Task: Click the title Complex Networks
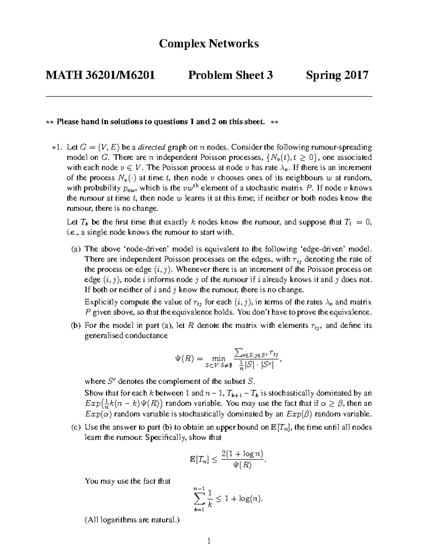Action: (209, 44)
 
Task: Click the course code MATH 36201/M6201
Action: (100, 75)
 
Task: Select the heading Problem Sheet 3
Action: (230, 75)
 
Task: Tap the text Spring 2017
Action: (337, 75)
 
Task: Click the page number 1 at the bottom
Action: (209, 541)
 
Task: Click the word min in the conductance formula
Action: (219, 358)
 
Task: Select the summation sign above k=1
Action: (199, 499)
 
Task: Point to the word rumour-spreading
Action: (342, 147)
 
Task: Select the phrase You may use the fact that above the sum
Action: (127, 481)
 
